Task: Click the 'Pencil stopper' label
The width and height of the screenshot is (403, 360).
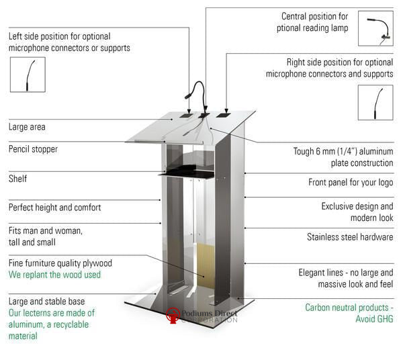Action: [x=34, y=149]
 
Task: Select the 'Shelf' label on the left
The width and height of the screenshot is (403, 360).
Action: [x=18, y=179]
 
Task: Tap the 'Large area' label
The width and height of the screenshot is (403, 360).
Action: [x=28, y=127]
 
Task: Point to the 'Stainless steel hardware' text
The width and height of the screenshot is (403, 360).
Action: [x=350, y=237]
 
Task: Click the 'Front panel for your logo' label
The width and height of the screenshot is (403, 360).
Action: [x=351, y=182]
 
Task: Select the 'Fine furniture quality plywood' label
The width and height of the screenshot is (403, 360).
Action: [x=60, y=263]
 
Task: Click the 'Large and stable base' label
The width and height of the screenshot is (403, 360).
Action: [x=47, y=302]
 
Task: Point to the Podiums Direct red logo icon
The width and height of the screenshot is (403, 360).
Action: [x=173, y=314]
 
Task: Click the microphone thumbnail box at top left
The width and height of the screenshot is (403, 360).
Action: [x=28, y=75]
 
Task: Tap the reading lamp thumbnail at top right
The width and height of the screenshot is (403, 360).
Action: [x=375, y=29]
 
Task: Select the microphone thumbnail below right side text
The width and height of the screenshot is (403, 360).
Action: [x=375, y=103]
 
